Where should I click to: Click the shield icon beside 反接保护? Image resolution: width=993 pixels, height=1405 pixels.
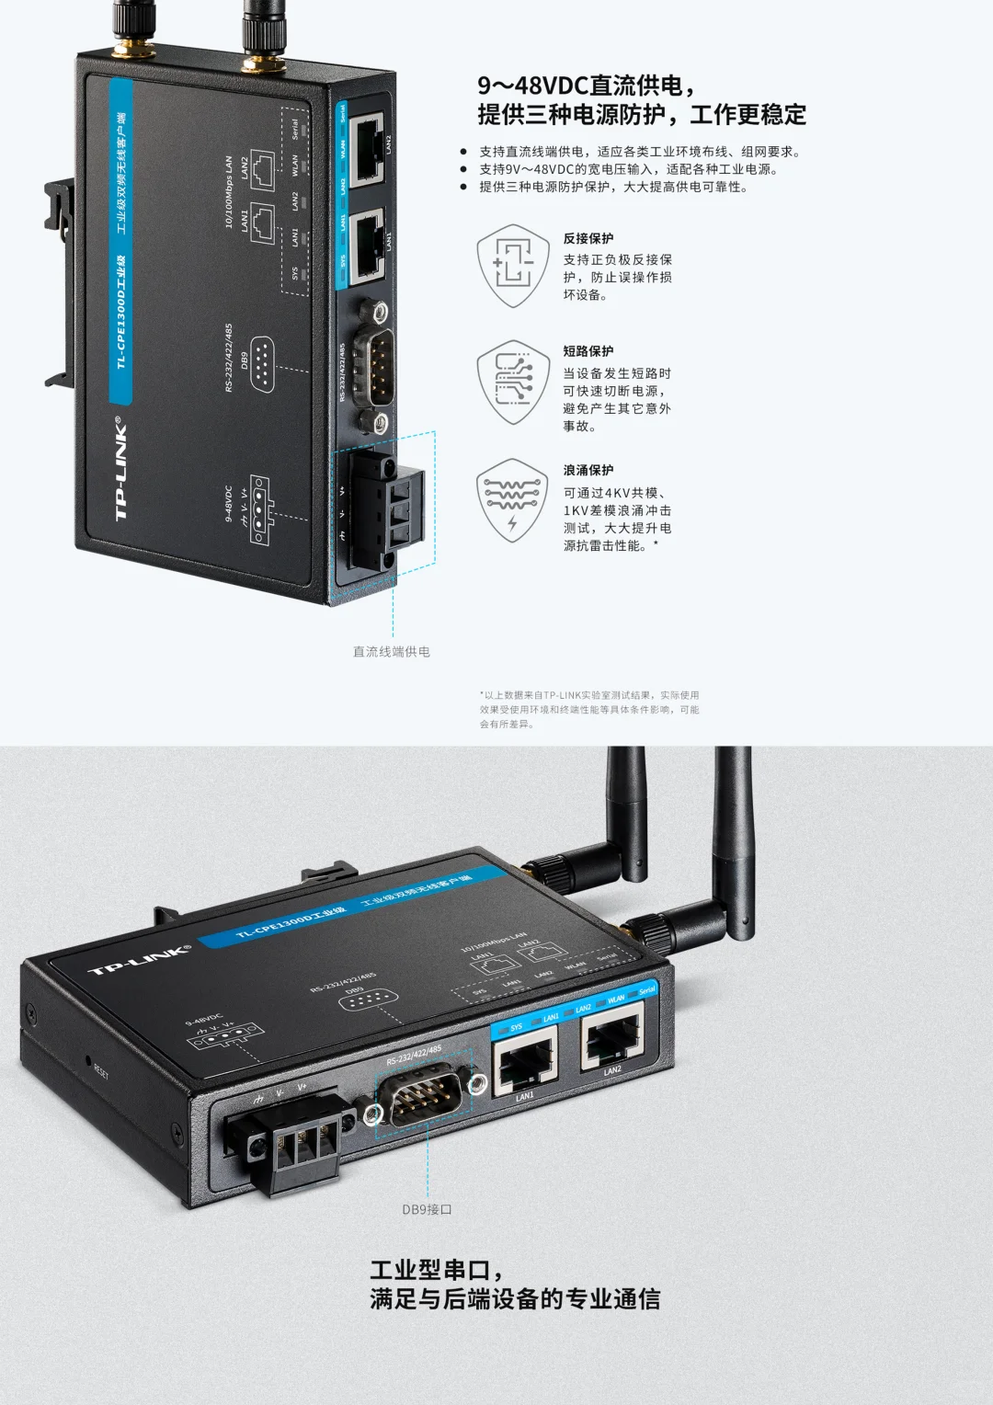[x=513, y=266]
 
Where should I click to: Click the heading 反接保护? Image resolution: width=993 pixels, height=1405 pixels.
[x=588, y=238]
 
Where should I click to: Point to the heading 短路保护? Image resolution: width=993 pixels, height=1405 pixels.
[x=588, y=351]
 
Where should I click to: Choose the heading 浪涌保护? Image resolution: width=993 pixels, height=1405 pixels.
[x=588, y=470]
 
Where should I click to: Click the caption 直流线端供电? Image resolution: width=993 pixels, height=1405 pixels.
[x=392, y=652]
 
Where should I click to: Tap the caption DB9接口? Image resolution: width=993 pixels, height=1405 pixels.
[x=427, y=1209]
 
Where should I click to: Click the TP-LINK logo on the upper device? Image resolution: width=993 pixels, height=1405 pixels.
[x=121, y=469]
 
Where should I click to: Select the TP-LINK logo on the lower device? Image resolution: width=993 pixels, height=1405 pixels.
[x=139, y=960]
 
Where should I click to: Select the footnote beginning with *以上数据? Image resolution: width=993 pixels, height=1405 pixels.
[x=588, y=709]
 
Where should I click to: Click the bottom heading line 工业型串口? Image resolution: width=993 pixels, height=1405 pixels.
[x=437, y=1270]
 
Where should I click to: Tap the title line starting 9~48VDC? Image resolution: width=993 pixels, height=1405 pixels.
[x=587, y=86]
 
